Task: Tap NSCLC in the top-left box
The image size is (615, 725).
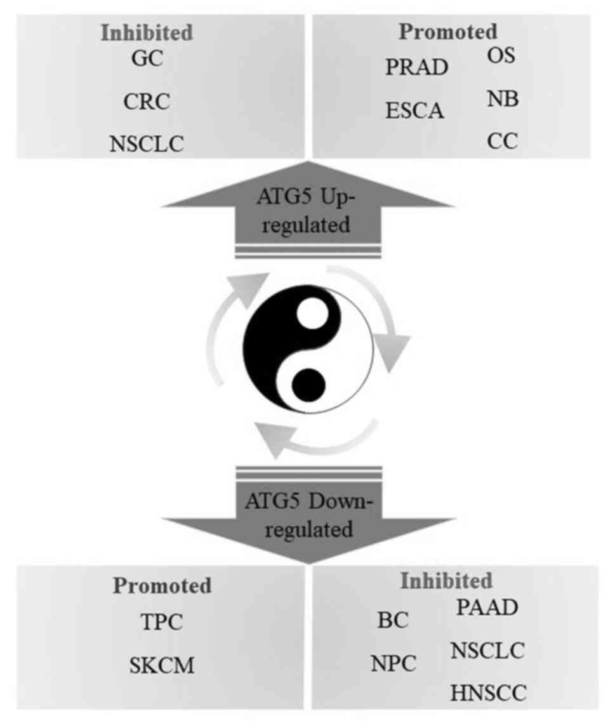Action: pos(147,144)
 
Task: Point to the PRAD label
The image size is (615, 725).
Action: pos(417,67)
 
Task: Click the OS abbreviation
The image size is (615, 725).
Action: pos(502,56)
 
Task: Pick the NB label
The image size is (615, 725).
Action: pos(503,99)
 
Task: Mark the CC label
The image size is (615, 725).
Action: pos(503,142)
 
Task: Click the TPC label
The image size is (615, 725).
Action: pos(161,622)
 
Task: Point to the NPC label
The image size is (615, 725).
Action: pos(393,664)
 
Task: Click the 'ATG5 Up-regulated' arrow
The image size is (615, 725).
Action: pos(308,213)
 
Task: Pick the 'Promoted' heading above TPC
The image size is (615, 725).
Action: pos(162,585)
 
